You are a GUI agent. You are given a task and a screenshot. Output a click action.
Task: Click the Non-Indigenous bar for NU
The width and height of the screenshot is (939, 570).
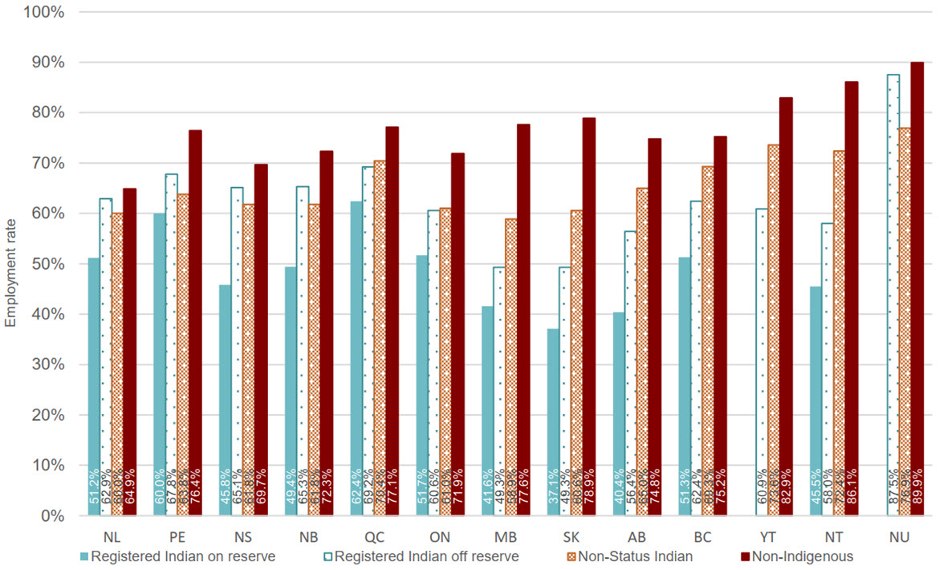click(917, 289)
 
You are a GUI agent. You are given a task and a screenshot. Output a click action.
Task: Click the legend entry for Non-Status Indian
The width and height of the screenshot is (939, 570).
click(623, 556)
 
